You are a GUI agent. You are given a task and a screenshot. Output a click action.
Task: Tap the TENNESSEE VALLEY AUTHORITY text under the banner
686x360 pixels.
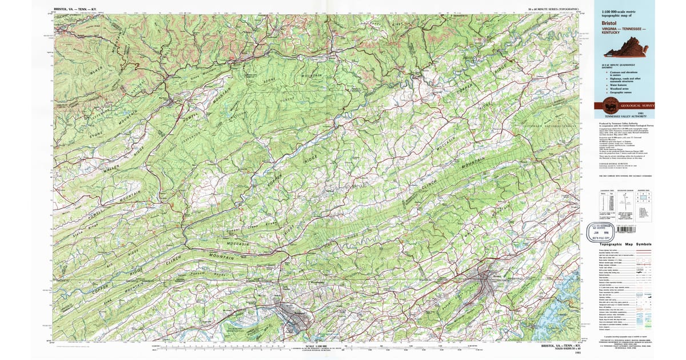(625, 116)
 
